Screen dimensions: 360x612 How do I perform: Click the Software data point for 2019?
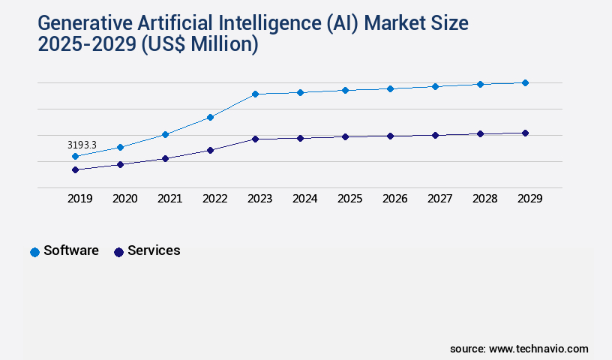pyautogui.click(x=75, y=156)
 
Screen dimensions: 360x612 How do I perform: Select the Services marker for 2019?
pyautogui.click(x=75, y=169)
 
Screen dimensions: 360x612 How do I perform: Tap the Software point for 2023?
pyautogui.click(x=255, y=94)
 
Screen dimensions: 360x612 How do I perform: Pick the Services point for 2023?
pyautogui.click(x=255, y=139)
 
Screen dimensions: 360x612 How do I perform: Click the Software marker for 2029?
pyautogui.click(x=525, y=82)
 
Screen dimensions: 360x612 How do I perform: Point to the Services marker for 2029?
pyautogui.click(x=525, y=133)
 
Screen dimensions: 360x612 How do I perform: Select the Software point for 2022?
pyautogui.click(x=210, y=117)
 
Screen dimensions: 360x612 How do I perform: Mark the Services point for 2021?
pyautogui.click(x=165, y=158)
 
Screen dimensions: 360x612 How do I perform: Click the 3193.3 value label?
pyautogui.click(x=82, y=145)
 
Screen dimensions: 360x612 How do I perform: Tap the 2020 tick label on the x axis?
pyautogui.click(x=124, y=199)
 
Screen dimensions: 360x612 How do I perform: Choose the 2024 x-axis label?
pyautogui.click(x=304, y=199)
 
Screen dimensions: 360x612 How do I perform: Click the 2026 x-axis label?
pyautogui.click(x=394, y=199)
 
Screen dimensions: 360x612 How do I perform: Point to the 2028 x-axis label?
pyautogui.click(x=484, y=199)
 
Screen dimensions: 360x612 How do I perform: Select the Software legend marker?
pyautogui.click(x=34, y=252)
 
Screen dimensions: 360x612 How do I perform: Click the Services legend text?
pyautogui.click(x=154, y=250)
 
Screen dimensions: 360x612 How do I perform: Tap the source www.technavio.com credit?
pyautogui.click(x=519, y=349)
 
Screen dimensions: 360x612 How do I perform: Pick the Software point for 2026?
pyautogui.click(x=390, y=88)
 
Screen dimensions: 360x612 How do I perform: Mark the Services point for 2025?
pyautogui.click(x=345, y=136)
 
